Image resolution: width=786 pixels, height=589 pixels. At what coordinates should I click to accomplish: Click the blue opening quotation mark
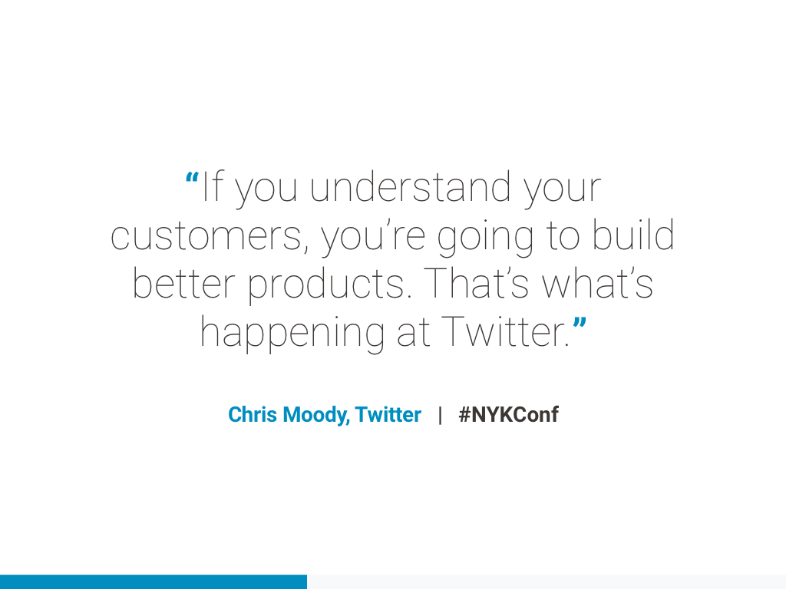192,179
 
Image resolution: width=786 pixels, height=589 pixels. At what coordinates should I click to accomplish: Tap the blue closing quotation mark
580,324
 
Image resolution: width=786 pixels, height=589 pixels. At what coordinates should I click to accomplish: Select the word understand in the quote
410,186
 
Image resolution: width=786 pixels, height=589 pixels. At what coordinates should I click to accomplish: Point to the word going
485,239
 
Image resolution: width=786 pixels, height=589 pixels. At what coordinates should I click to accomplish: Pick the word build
633,234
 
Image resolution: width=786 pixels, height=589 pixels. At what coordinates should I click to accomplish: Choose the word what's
597,282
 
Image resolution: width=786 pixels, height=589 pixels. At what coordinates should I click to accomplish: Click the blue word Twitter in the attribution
388,415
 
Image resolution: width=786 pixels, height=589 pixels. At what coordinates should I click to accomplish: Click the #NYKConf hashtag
508,415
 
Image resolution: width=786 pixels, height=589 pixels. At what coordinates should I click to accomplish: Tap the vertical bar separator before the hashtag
440,415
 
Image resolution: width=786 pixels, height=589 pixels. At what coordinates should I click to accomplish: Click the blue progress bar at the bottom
154,582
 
